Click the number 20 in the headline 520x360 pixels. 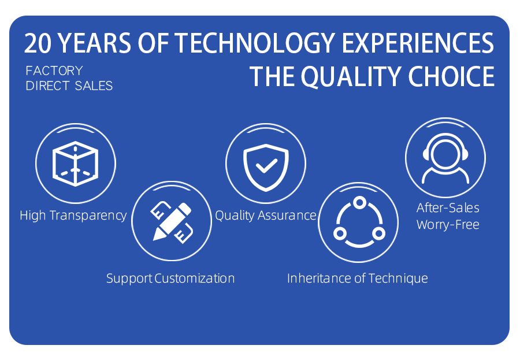tap(38, 43)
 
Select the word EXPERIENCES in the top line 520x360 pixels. tap(418, 43)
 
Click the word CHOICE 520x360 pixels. tap(451, 77)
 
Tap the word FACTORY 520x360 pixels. tap(54, 70)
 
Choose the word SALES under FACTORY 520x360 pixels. tap(94, 86)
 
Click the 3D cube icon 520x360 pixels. tap(75, 164)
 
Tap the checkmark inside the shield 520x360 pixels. tap(266, 165)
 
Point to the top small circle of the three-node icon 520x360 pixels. tap(359, 203)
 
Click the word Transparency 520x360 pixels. tap(88, 216)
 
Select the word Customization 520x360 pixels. tap(195, 278)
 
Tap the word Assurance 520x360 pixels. tap(287, 216)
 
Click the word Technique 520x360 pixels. tap(398, 279)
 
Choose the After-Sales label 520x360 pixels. tap(448, 207)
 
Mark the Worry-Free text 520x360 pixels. tap(448, 225)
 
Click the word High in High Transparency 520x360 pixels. tap(33, 216)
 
